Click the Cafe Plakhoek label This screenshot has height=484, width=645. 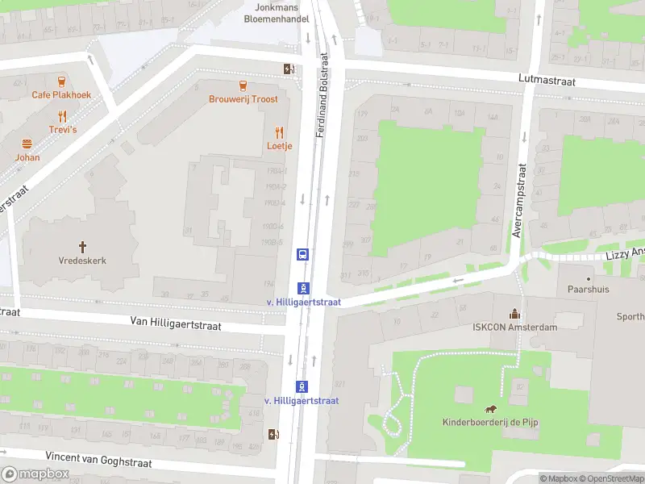(61, 94)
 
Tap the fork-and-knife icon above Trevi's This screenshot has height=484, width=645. (62, 116)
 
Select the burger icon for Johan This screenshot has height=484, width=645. (27, 144)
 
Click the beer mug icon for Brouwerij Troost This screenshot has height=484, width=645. (243, 86)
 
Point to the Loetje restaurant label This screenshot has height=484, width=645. (280, 146)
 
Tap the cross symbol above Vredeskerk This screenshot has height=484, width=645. (81, 247)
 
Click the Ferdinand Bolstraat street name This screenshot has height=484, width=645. (322, 95)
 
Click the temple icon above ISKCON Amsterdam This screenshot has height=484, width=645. (514, 313)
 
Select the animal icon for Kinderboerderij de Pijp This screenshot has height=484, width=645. (489, 409)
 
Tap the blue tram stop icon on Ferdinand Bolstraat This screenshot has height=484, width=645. (302, 254)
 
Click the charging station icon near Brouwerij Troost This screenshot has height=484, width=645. (288, 69)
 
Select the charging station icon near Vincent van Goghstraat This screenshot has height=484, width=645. (274, 434)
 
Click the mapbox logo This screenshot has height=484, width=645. (35, 474)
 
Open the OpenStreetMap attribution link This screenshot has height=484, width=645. (610, 478)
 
